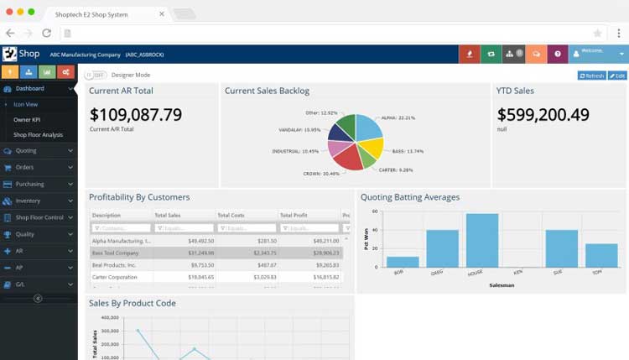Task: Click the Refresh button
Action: click(591, 76)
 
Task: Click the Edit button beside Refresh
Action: click(617, 76)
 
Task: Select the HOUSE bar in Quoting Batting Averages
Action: click(482, 240)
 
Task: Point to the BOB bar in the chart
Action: click(403, 262)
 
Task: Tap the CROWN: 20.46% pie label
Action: click(321, 174)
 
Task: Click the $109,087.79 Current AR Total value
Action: click(136, 115)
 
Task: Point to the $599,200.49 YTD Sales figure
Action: click(543, 115)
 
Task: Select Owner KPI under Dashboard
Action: click(27, 120)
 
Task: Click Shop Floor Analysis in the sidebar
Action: click(38, 134)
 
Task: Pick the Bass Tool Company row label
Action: click(116, 253)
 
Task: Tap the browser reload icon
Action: click(46, 33)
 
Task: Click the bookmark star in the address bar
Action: click(597, 33)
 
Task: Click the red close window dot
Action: click(8, 13)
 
